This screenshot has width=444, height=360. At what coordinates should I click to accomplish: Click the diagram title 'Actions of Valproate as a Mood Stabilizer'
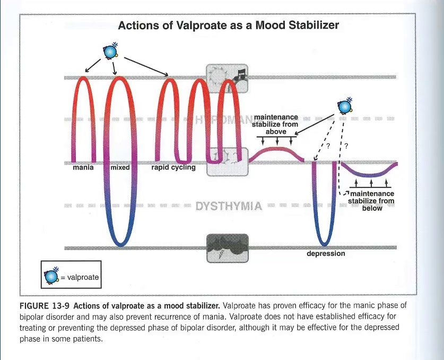[228, 25]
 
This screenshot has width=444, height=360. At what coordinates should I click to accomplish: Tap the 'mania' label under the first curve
[83, 168]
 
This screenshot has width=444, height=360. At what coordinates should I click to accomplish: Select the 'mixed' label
[120, 168]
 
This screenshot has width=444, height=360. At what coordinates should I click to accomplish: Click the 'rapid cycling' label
[173, 168]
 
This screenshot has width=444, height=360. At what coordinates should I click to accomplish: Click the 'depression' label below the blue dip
[326, 254]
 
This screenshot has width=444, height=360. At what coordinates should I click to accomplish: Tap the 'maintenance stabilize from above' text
[276, 124]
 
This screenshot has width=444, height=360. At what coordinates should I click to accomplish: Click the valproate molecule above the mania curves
[110, 51]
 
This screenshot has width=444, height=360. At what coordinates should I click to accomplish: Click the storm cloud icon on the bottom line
[227, 247]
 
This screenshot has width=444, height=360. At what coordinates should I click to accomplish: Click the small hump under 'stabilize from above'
[276, 150]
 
